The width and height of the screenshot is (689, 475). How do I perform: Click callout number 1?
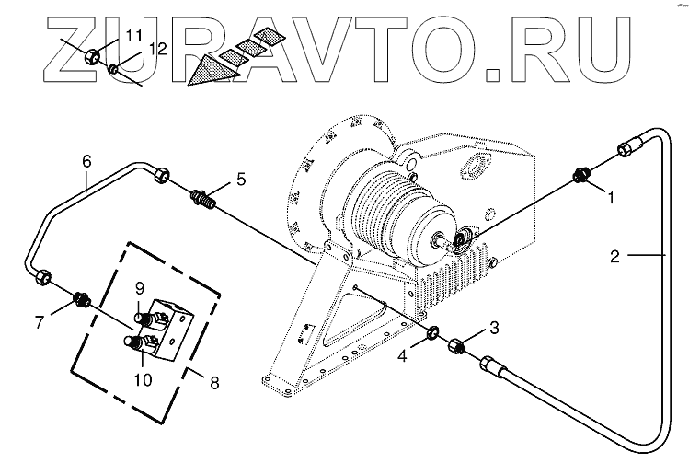tap(608, 195)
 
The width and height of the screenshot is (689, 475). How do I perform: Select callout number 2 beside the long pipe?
tap(614, 255)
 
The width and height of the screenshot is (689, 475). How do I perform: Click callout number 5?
tap(240, 179)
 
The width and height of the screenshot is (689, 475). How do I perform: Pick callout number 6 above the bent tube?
tap(87, 160)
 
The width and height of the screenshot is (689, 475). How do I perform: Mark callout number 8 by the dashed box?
tap(214, 379)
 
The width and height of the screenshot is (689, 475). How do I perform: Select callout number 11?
tap(134, 36)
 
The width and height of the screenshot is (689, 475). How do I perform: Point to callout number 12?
tap(157, 49)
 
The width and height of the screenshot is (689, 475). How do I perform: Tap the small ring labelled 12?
tap(113, 68)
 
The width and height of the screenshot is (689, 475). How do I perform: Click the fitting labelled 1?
tap(581, 174)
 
